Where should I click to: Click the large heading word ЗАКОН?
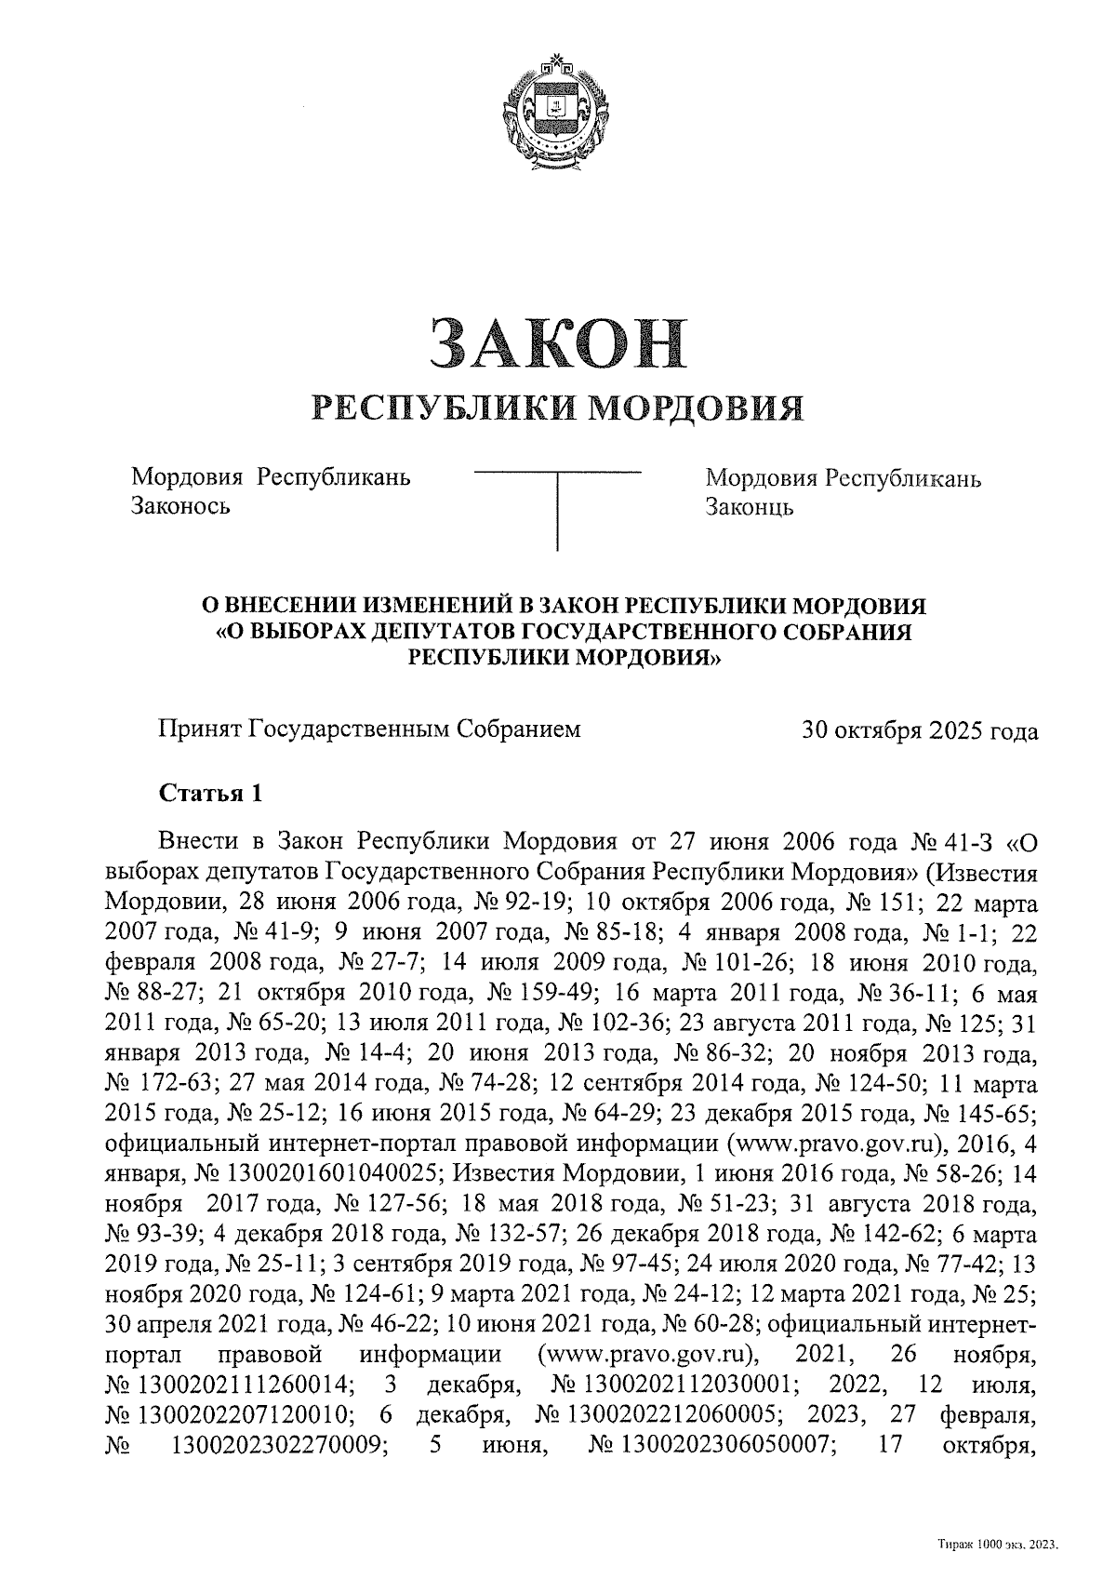pos(557,343)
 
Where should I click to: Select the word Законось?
pos(181,507)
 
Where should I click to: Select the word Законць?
pos(750,508)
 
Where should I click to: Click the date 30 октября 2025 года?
pos(920,731)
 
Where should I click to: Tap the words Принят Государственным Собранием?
pos(369,729)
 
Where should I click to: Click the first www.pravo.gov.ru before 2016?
pos(828,1143)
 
